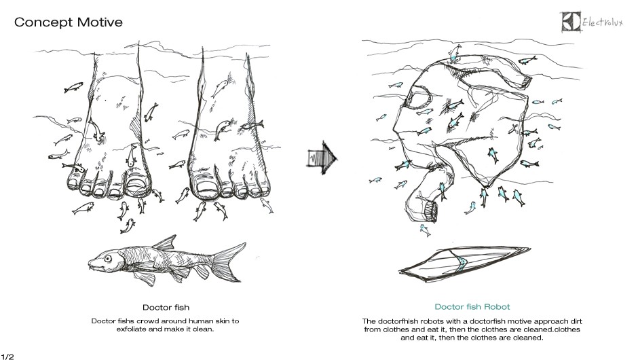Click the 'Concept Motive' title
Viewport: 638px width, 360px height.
[x=69, y=22]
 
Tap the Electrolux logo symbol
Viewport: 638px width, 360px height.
[x=571, y=21]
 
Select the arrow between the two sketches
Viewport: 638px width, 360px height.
[x=322, y=158]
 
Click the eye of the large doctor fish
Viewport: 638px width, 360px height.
[x=108, y=259]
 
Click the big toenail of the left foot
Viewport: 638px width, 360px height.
[x=137, y=185]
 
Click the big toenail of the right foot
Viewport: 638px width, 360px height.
[x=207, y=185]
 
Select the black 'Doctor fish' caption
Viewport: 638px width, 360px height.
[x=166, y=308]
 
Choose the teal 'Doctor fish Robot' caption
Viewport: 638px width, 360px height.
[x=472, y=306]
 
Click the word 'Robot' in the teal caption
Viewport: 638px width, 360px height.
[x=496, y=306]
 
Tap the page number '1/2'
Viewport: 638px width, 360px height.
[x=7, y=357]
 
